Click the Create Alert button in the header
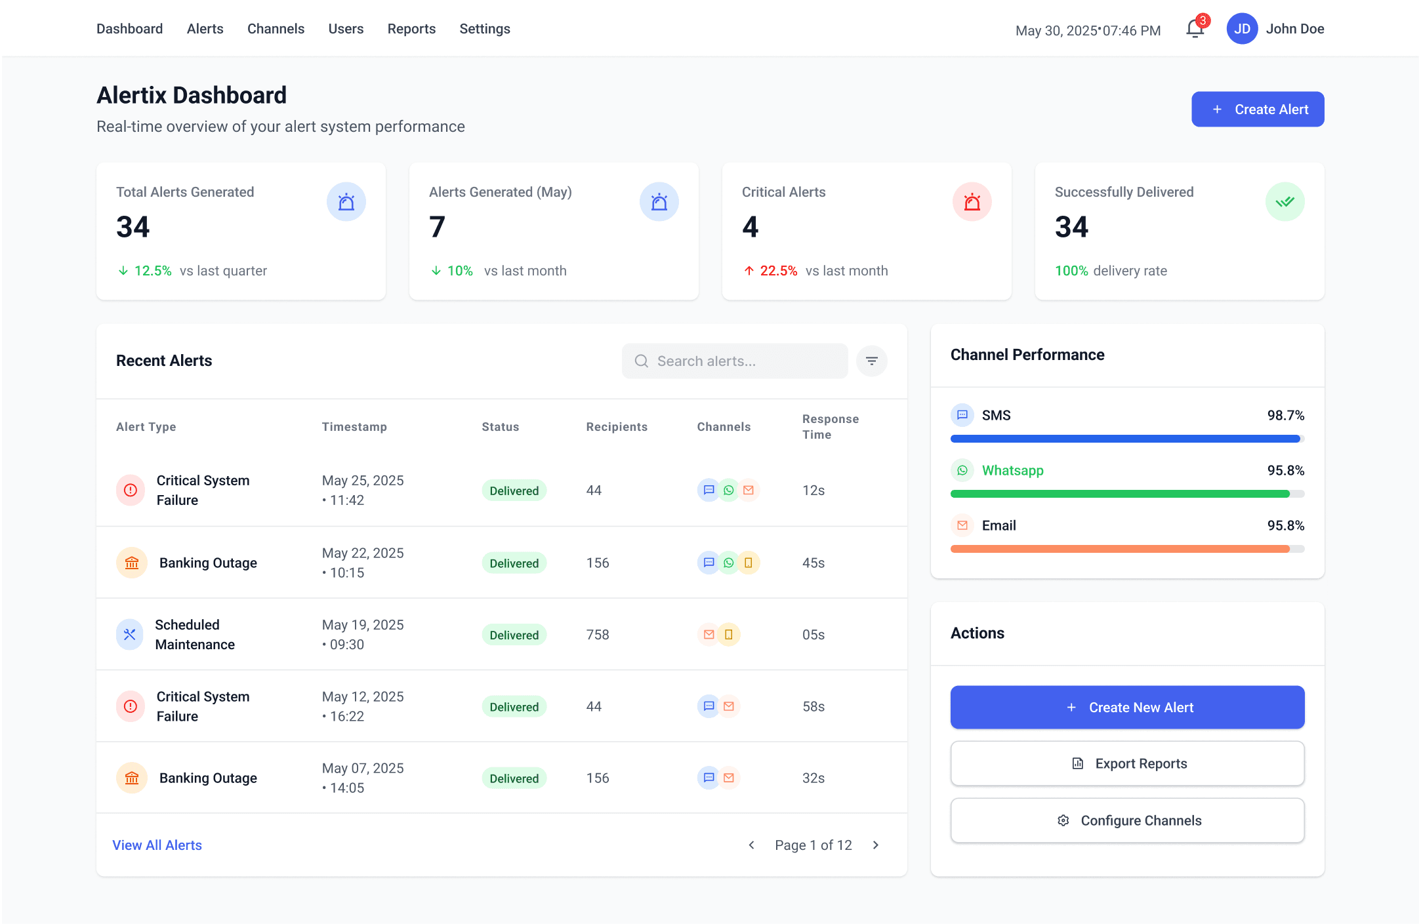(1257, 109)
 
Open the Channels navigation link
(276, 29)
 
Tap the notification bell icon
(1195, 29)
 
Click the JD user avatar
(1241, 29)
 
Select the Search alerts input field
(734, 361)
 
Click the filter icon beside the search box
(871, 361)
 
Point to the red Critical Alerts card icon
(972, 201)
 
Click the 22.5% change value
(778, 271)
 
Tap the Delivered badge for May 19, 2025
(514, 635)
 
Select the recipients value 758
(598, 635)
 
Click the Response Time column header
(830, 427)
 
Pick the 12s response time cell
(813, 491)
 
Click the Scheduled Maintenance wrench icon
(130, 634)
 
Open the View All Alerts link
(157, 845)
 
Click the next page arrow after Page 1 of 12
(875, 845)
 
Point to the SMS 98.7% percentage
(1285, 415)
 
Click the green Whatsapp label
(1012, 470)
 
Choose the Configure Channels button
(1127, 820)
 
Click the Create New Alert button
(1127, 708)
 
